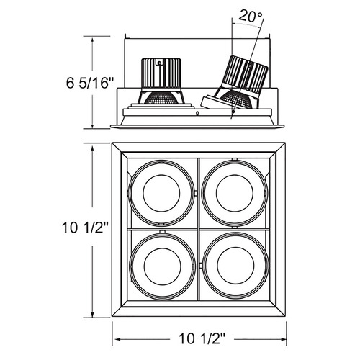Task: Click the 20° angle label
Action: pos(251,16)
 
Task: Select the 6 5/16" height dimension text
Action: pos(89,83)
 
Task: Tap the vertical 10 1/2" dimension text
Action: pos(86,228)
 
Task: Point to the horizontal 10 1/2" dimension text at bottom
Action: pos(202,338)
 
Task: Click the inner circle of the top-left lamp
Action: pos(161,175)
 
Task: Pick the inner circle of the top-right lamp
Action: pos(235,175)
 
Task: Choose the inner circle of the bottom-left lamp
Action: pos(163,248)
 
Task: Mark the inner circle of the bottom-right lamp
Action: pos(235,248)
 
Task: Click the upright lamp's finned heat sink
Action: pos(161,73)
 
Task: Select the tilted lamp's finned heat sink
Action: pos(245,73)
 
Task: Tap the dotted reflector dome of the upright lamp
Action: pos(161,99)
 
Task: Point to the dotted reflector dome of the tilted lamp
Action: pos(235,99)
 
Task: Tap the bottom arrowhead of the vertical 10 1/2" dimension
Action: pos(92,313)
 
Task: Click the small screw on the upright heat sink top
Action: pos(158,63)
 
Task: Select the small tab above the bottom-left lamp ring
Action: pos(162,232)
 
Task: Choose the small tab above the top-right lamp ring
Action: pos(235,159)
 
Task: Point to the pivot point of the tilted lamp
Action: pos(233,112)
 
